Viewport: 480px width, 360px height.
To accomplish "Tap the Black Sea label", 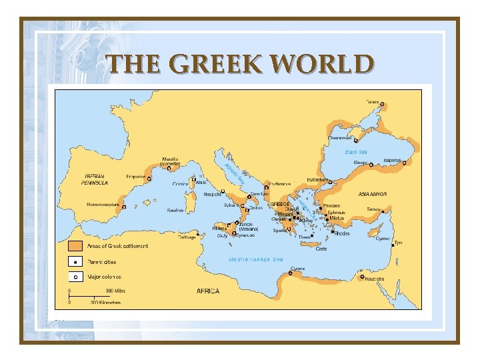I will point(355,152).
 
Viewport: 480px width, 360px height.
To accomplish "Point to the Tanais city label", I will point(371,102).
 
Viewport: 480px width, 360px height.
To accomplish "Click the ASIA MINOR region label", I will point(373,194).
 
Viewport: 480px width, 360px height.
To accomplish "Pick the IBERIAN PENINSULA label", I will point(95,179).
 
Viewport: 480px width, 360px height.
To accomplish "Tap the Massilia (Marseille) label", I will point(171,162).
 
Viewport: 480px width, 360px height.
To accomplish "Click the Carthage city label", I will point(187,237).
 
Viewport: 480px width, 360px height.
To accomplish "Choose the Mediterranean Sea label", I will point(256,259).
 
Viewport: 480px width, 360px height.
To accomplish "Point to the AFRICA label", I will point(207,291).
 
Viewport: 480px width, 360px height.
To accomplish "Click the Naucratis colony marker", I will point(362,277).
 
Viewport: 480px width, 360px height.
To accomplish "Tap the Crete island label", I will point(321,249).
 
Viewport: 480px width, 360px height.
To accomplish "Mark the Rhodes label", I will point(341,234).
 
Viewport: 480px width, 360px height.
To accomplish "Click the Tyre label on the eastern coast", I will point(399,243).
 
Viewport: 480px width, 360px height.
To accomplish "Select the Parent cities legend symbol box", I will point(75,262).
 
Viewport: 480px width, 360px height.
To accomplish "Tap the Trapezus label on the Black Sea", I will point(392,161).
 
